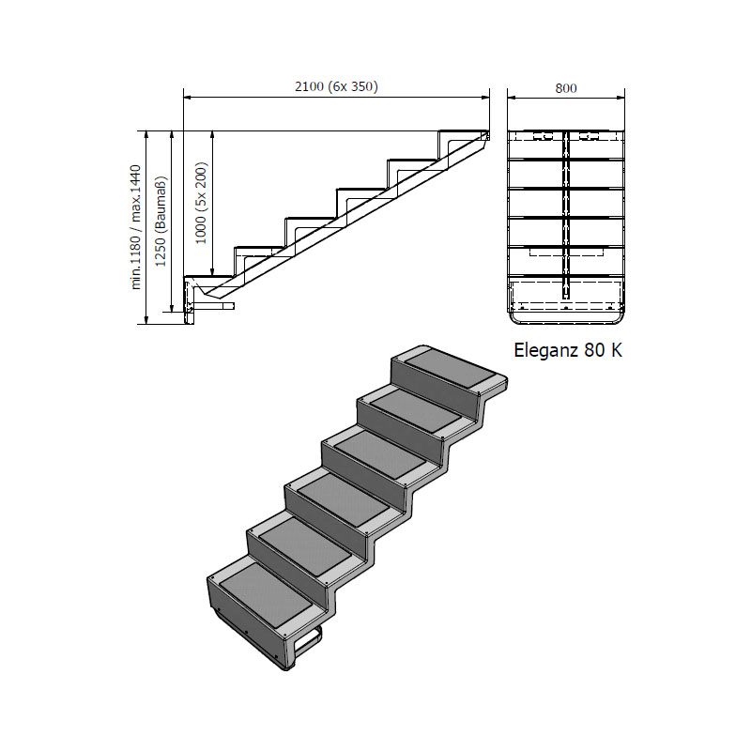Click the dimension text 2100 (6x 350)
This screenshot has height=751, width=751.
[336, 86]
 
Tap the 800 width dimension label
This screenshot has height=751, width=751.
[566, 88]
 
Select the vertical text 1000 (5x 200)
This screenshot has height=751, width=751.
[202, 203]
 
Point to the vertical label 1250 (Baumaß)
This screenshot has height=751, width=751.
[161, 222]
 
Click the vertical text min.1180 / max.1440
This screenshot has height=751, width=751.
[135, 227]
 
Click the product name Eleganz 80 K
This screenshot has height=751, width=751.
[568, 350]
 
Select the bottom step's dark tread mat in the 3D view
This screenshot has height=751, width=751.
[266, 593]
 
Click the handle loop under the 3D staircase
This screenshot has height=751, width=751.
[309, 640]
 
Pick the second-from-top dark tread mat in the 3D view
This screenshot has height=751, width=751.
[416, 409]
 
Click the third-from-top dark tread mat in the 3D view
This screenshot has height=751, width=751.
[379, 452]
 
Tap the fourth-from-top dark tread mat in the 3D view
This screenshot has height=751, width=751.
[343, 498]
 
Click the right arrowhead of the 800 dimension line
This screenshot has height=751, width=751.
[621, 98]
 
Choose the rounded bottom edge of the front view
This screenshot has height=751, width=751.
[566, 320]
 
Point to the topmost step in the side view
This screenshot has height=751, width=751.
[463, 131]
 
